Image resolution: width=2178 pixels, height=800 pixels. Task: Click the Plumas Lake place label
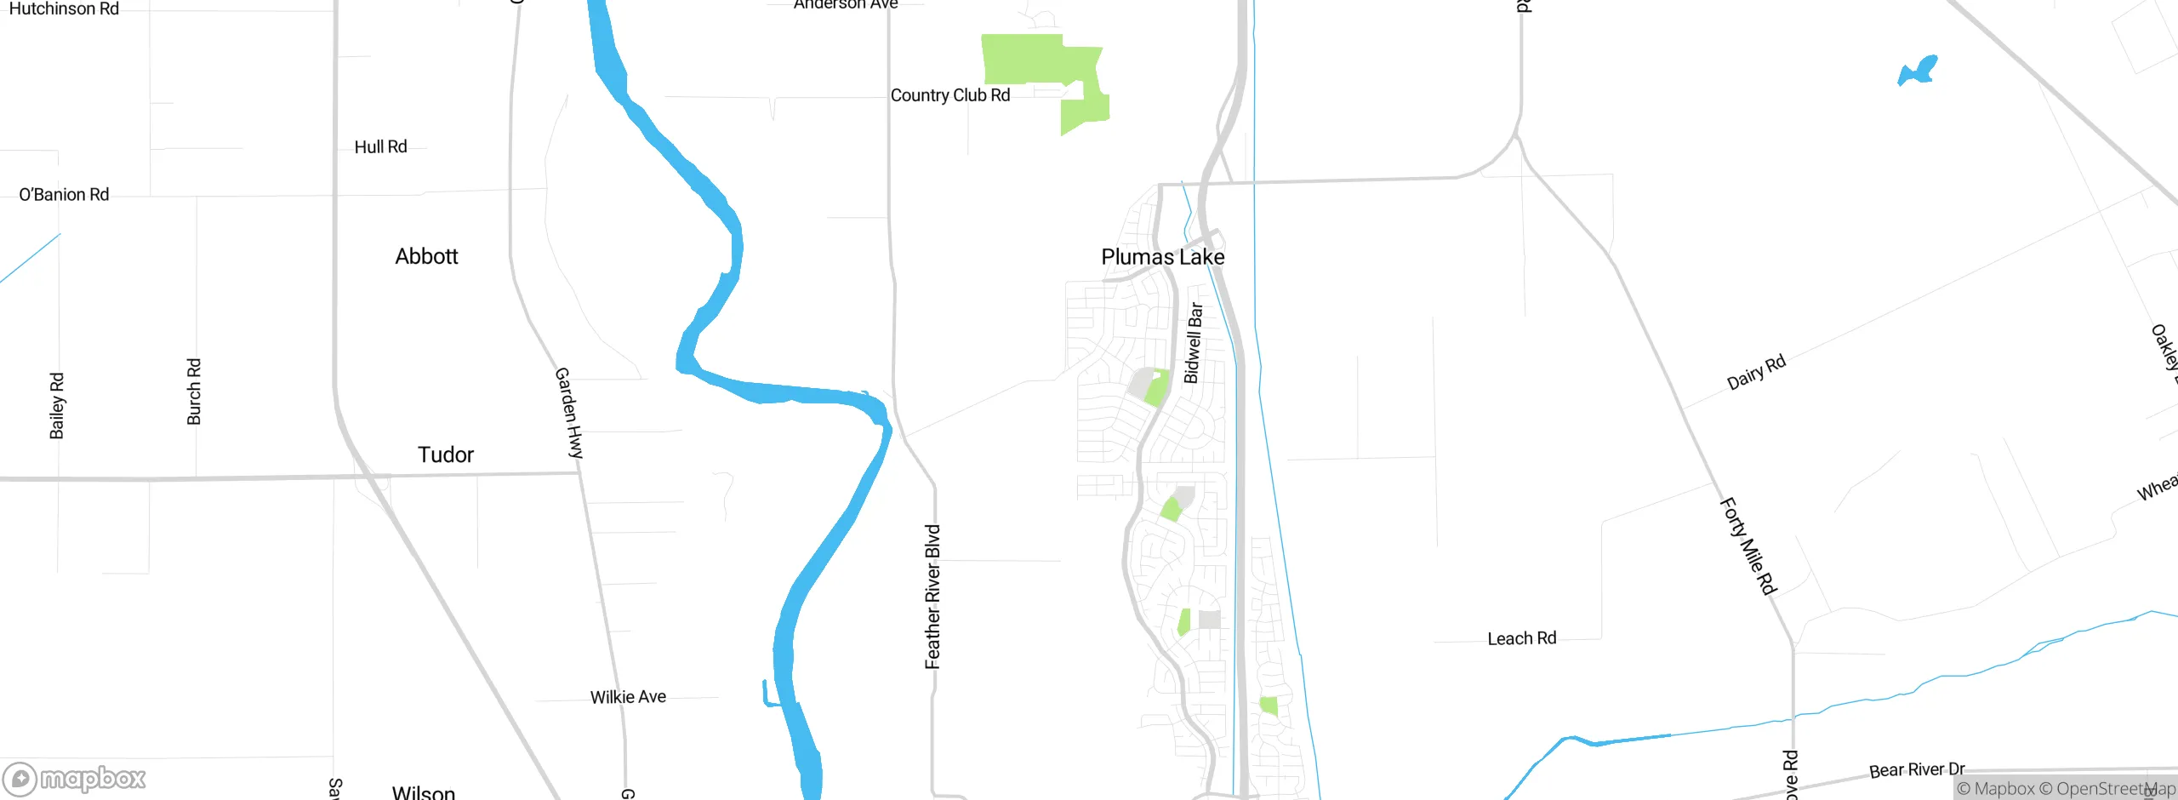pyautogui.click(x=1162, y=257)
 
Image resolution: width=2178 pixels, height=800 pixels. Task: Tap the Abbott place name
pyautogui.click(x=426, y=256)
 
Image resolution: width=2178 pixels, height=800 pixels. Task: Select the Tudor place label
pyautogui.click(x=445, y=454)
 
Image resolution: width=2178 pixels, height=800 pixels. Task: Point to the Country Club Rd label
pyautogui.click(x=949, y=95)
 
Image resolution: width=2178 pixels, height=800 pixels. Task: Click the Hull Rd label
pyautogui.click(x=380, y=146)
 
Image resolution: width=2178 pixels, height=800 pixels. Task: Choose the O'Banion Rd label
pyautogui.click(x=64, y=195)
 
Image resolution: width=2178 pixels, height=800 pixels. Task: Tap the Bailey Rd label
pyautogui.click(x=57, y=406)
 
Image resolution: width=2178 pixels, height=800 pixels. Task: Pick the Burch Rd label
pyautogui.click(x=194, y=391)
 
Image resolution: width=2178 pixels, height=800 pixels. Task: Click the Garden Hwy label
pyautogui.click(x=569, y=413)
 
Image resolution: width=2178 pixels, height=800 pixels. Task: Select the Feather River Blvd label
pyautogui.click(x=932, y=597)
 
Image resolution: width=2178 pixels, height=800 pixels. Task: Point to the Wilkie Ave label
pyautogui.click(x=628, y=697)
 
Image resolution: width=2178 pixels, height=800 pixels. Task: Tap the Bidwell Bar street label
pyautogui.click(x=1193, y=343)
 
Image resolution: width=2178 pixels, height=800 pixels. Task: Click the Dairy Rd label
pyautogui.click(x=1756, y=373)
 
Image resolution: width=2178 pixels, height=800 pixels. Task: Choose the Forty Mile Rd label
pyautogui.click(x=1748, y=546)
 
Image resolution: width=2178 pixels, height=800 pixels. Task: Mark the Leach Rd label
pyautogui.click(x=1521, y=638)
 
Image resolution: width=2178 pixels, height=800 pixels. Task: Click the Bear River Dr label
pyautogui.click(x=1917, y=770)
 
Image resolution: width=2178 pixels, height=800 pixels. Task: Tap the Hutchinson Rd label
pyautogui.click(x=64, y=9)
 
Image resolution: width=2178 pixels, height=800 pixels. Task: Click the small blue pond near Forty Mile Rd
pyautogui.click(x=1918, y=71)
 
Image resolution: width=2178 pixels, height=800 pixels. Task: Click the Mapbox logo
pyautogui.click(x=75, y=779)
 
